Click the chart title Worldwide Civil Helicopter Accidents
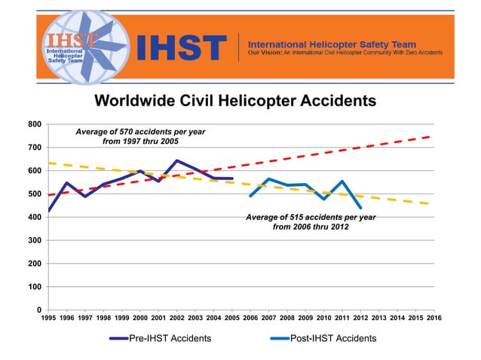pyautogui.click(x=234, y=100)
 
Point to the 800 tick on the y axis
pyautogui.click(x=34, y=124)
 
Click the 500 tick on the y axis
pyautogui.click(x=34, y=194)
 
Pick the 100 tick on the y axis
pyautogui.click(x=34, y=287)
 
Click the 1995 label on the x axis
pyautogui.click(x=48, y=319)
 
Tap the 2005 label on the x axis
pyautogui.click(x=232, y=319)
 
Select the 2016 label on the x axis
pyautogui.click(x=434, y=319)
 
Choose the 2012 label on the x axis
pyautogui.click(x=360, y=319)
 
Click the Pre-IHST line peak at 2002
pyautogui.click(x=177, y=160)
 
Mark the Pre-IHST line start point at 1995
pyautogui.click(x=48, y=211)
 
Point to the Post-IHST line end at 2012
pyautogui.click(x=361, y=207)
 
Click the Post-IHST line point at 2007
pyautogui.click(x=268, y=179)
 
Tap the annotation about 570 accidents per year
pyautogui.click(x=140, y=136)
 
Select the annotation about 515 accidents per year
pyautogui.click(x=310, y=221)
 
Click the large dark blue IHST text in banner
pyautogui.click(x=180, y=48)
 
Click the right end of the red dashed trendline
pyautogui.click(x=433, y=136)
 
